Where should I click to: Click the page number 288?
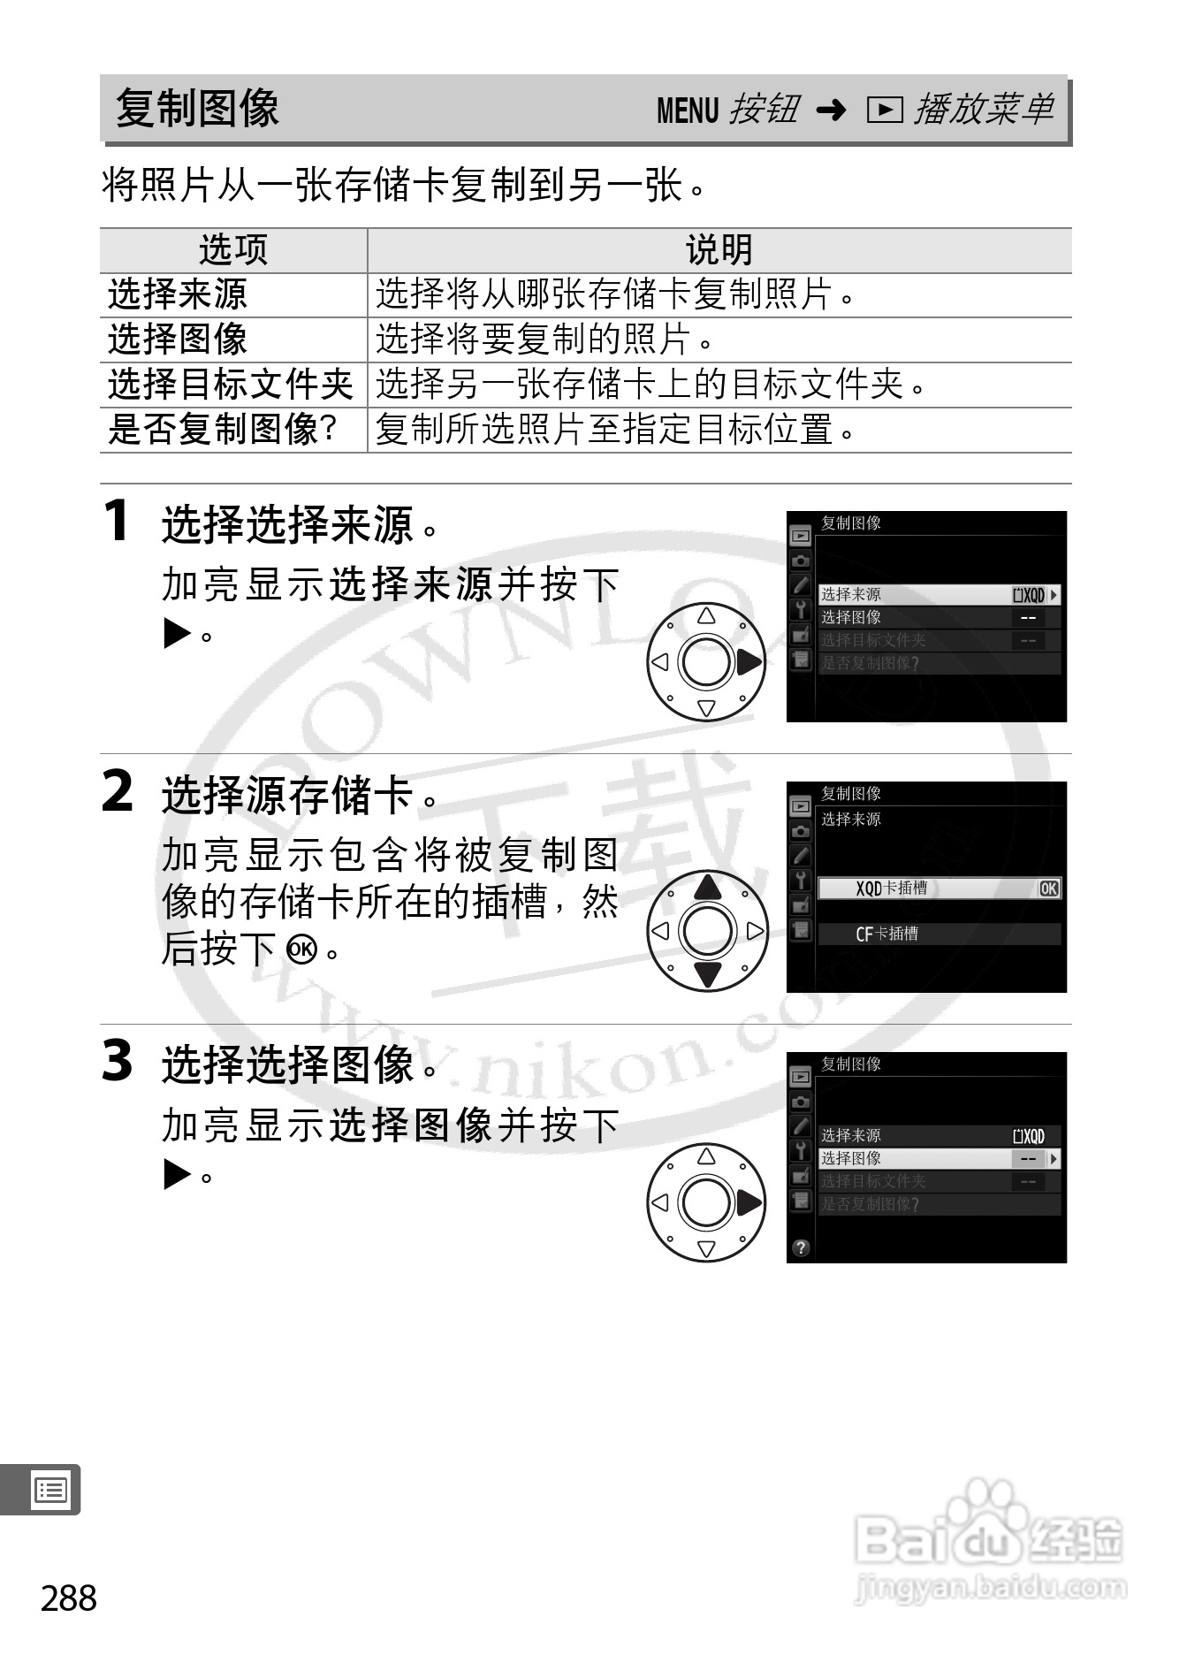[69, 1598]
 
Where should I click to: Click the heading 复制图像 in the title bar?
[197, 109]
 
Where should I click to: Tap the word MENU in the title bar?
[688, 111]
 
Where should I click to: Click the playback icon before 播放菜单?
[884, 110]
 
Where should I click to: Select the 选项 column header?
[233, 250]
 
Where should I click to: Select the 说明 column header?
[719, 250]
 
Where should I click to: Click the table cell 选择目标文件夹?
[231, 385]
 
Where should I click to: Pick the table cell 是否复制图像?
[223, 430]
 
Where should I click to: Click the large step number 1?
[117, 520]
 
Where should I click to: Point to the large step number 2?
[118, 790]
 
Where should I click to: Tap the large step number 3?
[118, 1061]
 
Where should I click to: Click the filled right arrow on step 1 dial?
[749, 661]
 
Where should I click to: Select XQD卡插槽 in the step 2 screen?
[891, 889]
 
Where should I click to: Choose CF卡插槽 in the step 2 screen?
[886, 934]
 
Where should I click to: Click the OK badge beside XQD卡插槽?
[1048, 889]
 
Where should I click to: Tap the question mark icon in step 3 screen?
[801, 1247]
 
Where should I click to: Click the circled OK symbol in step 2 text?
[301, 950]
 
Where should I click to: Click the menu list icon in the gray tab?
[50, 1491]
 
